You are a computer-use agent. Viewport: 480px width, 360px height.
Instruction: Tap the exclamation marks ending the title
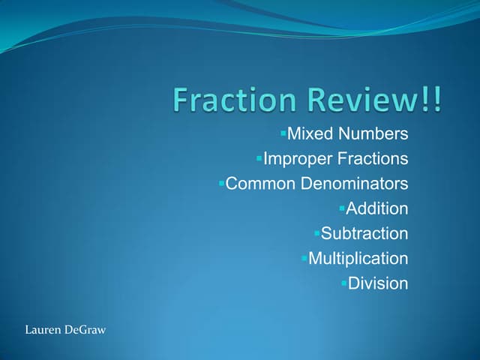[433, 101]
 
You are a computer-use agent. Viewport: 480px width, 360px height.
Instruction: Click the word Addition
[376, 208]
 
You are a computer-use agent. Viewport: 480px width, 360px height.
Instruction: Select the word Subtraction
[364, 233]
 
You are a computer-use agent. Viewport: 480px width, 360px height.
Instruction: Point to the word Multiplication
[358, 259]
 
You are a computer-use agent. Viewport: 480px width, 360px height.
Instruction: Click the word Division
[378, 283]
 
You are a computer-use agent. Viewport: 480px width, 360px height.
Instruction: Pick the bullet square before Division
[343, 283]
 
